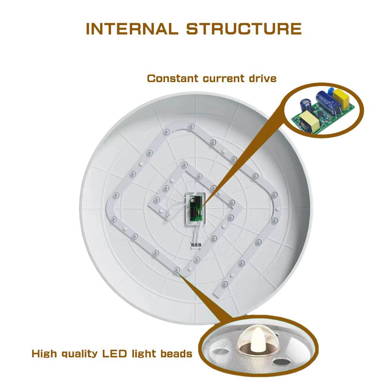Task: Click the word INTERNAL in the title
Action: pyautogui.click(x=132, y=29)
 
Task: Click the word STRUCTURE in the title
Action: pyautogui.click(x=244, y=29)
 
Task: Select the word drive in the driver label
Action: pyautogui.click(x=263, y=79)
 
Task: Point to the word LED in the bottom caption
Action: pyautogui.click(x=115, y=353)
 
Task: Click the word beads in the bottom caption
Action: pyautogui.click(x=176, y=353)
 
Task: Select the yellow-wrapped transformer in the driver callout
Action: pyautogui.click(x=309, y=121)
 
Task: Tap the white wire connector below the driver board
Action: pyautogui.click(x=196, y=246)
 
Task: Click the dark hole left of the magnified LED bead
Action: pyautogui.click(x=221, y=351)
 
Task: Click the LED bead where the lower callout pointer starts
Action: pyautogui.click(x=177, y=270)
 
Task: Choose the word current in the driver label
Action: pyautogui.click(x=224, y=79)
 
